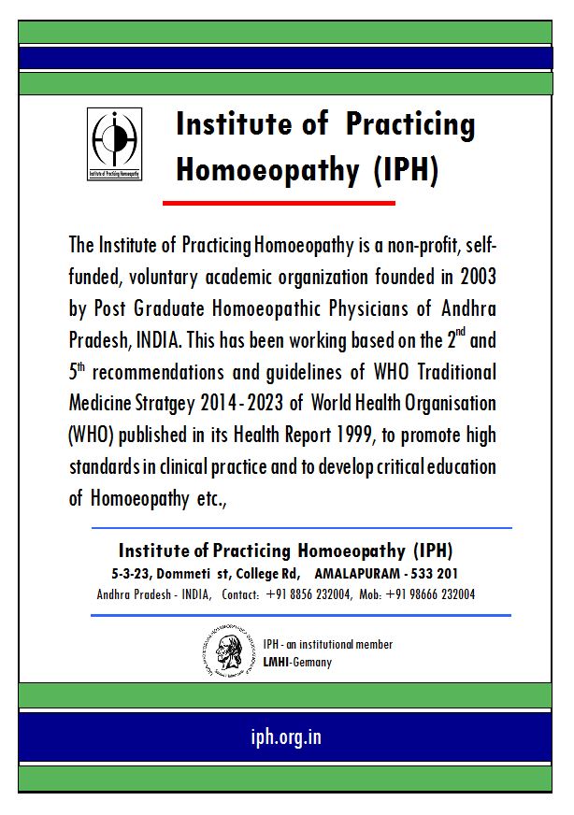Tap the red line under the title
tap(279, 202)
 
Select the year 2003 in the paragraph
tap(473, 277)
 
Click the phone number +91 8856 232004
tap(309, 594)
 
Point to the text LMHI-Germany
tap(297, 662)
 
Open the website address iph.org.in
tap(286, 736)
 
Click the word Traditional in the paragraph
tap(451, 371)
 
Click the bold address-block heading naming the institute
tap(286, 550)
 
